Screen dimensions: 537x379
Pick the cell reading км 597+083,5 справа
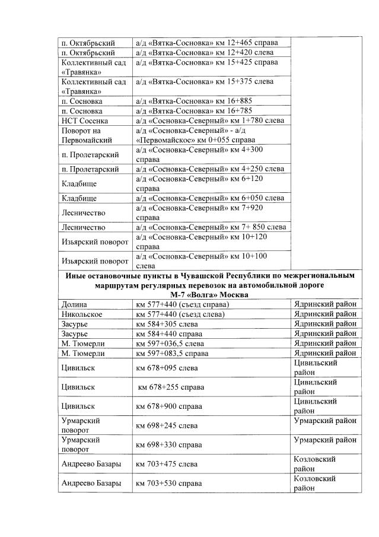click(x=172, y=353)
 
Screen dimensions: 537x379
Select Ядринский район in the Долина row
click(x=325, y=304)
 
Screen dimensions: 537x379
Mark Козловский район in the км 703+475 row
click(x=315, y=464)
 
